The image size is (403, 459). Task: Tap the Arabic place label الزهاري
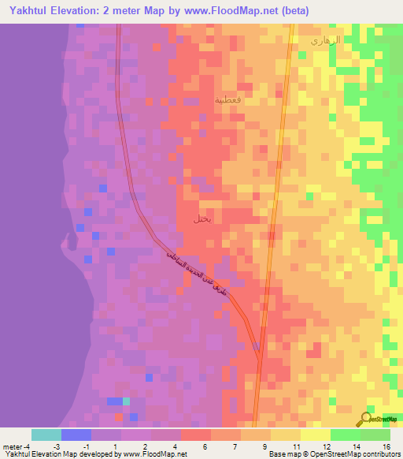coord(325,39)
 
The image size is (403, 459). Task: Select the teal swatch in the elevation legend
coord(46,435)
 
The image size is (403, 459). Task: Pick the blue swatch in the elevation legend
coord(76,435)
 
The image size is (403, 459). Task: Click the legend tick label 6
coord(205,446)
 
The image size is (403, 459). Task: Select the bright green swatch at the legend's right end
coord(375,435)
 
